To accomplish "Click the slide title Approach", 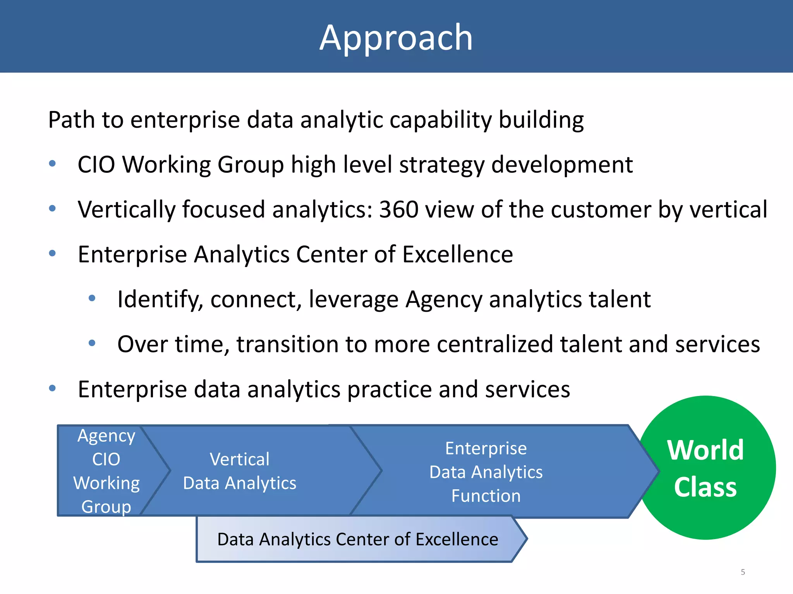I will coord(396,38).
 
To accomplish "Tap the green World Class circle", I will coord(705,468).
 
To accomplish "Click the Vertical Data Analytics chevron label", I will coord(239,471).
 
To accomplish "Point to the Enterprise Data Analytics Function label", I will coord(486,472).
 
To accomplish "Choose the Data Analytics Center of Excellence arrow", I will coord(357,539).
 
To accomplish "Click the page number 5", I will coord(743,572).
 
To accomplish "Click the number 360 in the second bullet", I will coord(398,210).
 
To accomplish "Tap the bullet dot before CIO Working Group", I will coord(53,164).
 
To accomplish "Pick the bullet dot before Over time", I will coord(92,343).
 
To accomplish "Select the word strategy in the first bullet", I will coord(441,165).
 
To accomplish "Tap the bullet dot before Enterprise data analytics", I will coord(53,388).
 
